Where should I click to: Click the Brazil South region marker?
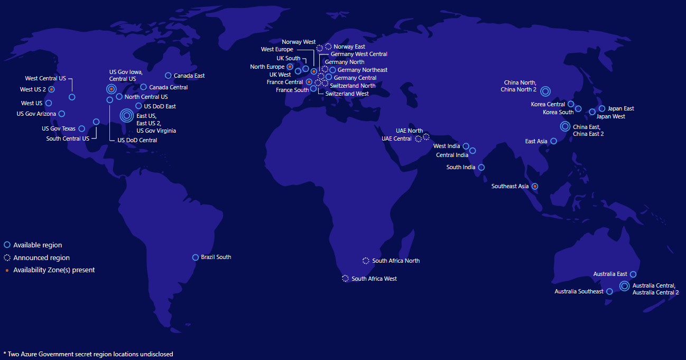click(x=196, y=257)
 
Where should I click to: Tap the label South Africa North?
click(x=396, y=261)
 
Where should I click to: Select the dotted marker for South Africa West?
click(x=345, y=279)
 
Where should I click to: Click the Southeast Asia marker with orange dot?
click(x=535, y=186)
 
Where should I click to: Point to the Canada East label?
click(x=189, y=76)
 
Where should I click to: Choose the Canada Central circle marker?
click(x=143, y=87)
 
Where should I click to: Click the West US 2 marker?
click(x=52, y=89)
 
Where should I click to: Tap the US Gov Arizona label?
click(x=36, y=114)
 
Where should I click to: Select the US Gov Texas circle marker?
click(x=82, y=128)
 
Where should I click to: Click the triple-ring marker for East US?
click(x=127, y=115)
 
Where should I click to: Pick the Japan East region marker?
click(x=602, y=108)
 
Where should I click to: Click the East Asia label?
click(x=536, y=141)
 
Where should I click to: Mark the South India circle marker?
click(x=481, y=168)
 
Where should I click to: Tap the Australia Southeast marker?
click(x=609, y=291)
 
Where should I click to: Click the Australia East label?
click(x=610, y=274)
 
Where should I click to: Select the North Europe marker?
click(x=290, y=67)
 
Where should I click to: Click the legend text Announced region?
click(x=41, y=258)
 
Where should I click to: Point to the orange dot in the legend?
click(x=7, y=270)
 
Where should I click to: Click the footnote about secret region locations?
click(x=88, y=354)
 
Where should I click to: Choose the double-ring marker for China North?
click(x=545, y=91)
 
